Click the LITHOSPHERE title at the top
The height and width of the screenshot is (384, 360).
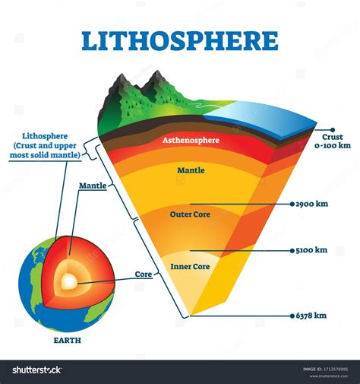(180, 41)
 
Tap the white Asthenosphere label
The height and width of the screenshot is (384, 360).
(191, 140)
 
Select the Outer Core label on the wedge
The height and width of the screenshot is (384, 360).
(190, 214)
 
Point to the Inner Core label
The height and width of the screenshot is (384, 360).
(190, 267)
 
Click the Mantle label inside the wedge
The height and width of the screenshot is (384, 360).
(191, 170)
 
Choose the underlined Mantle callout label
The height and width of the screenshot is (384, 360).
(93, 186)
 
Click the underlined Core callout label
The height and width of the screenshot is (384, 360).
(144, 275)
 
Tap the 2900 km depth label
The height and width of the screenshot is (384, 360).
(312, 204)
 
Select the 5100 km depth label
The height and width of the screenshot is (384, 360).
(311, 250)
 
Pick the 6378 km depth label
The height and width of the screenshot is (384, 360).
(311, 316)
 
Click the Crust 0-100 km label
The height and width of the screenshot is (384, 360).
(333, 141)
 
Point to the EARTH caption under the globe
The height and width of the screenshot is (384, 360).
(68, 341)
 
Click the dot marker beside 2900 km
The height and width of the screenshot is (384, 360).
(292, 204)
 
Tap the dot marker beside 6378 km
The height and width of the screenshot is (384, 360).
(292, 316)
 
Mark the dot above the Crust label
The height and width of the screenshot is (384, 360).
(333, 130)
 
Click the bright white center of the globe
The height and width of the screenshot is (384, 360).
(69, 281)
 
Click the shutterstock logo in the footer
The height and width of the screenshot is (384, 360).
(37, 370)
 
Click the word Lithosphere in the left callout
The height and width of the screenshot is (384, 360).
(45, 136)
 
